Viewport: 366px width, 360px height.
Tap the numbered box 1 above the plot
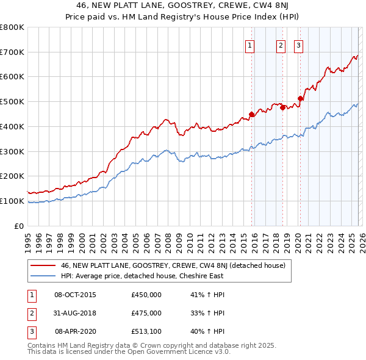coord(250,45)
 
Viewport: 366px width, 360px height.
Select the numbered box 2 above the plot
coord(281,45)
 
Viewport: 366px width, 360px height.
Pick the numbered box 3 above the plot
coord(299,45)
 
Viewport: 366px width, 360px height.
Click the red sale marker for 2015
coord(251,113)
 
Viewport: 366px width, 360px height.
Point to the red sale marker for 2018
coord(282,107)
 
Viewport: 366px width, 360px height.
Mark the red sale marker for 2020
coord(300,98)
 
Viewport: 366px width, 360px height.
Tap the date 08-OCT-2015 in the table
coord(75,295)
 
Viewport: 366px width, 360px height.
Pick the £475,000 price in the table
coord(146,313)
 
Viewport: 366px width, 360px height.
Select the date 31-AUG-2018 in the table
coord(75,313)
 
